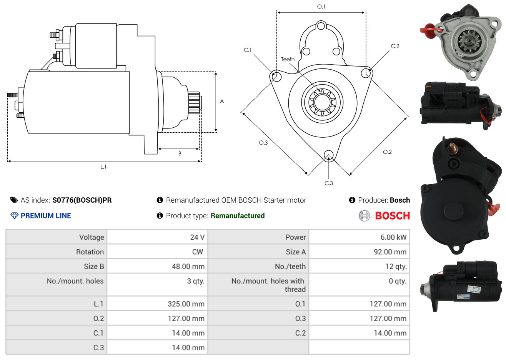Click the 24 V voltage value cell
197,237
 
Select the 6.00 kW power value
393,237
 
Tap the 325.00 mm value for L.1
186,304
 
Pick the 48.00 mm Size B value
188,266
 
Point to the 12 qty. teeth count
396,267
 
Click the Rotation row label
90,252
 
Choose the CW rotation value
197,252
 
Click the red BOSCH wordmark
392,216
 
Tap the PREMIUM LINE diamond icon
15,216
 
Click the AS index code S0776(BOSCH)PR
82,200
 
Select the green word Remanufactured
238,216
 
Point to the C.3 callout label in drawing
329,183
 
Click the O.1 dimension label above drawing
321,7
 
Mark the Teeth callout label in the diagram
288,59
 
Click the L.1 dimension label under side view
103,167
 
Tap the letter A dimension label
222,101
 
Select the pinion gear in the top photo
469,42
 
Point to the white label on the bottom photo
474,289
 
